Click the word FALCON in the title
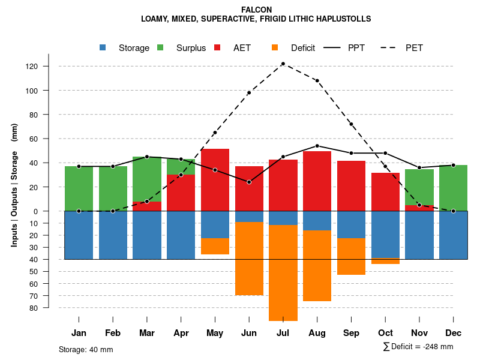click(x=256, y=10)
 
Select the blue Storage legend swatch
click(x=103, y=47)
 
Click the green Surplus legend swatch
click(x=160, y=47)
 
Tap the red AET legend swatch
click(x=217, y=47)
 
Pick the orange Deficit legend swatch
click(x=275, y=47)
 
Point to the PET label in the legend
click(x=414, y=48)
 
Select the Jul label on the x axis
click(x=283, y=333)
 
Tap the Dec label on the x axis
click(x=453, y=333)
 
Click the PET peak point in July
click(x=283, y=64)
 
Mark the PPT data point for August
click(x=317, y=146)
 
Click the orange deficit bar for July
click(x=283, y=273)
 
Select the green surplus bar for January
click(x=79, y=188)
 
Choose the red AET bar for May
click(x=215, y=180)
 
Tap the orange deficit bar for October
click(x=385, y=261)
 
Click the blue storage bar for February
click(x=113, y=235)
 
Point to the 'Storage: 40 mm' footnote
click(x=86, y=349)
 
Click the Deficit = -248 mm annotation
click(x=418, y=347)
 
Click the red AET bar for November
click(x=419, y=208)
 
